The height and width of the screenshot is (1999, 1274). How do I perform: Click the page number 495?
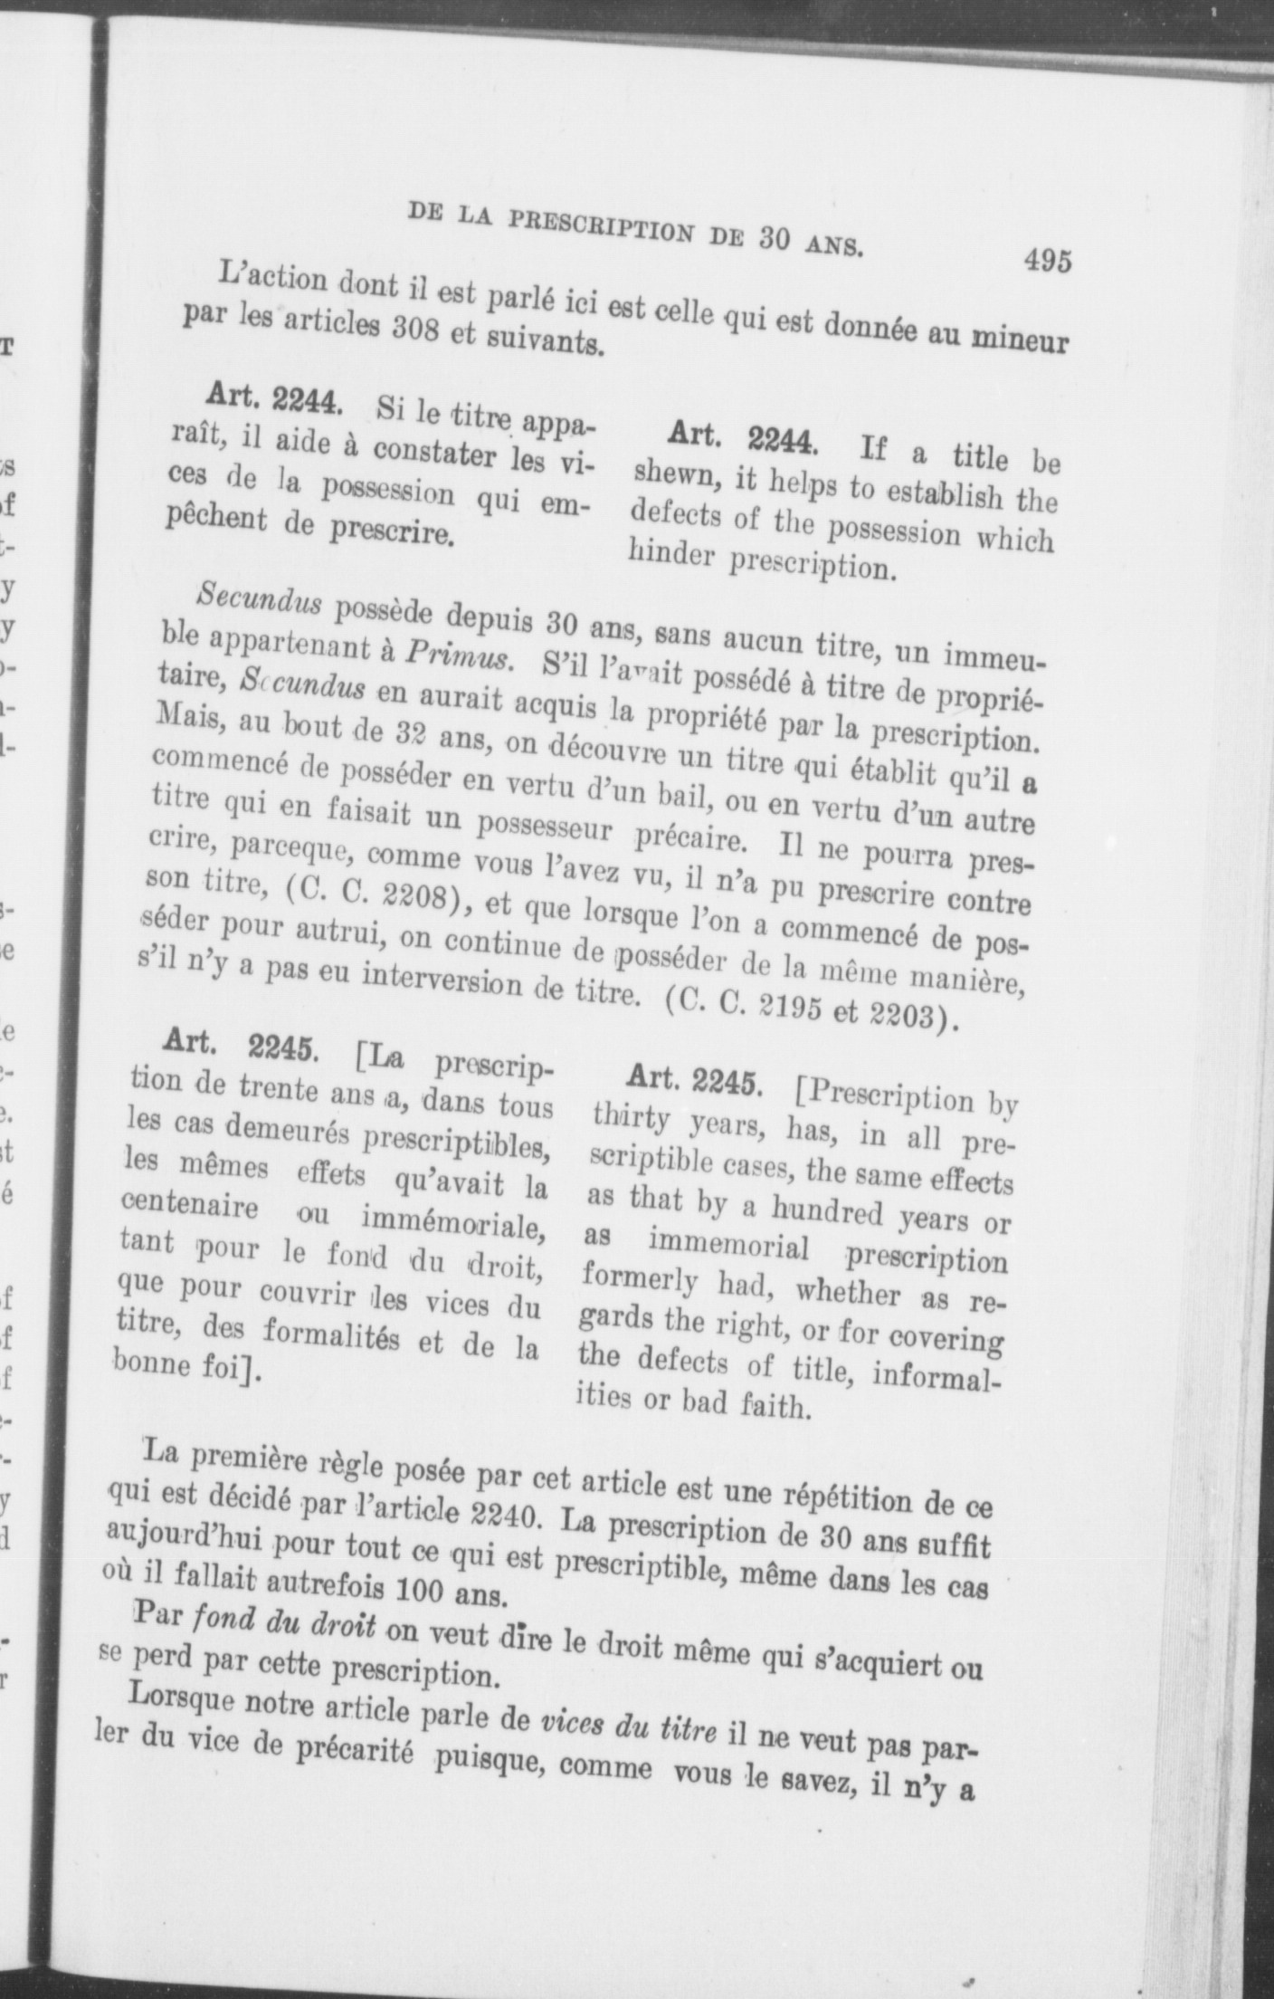click(1048, 261)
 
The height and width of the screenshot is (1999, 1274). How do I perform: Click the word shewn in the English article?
click(670, 473)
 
